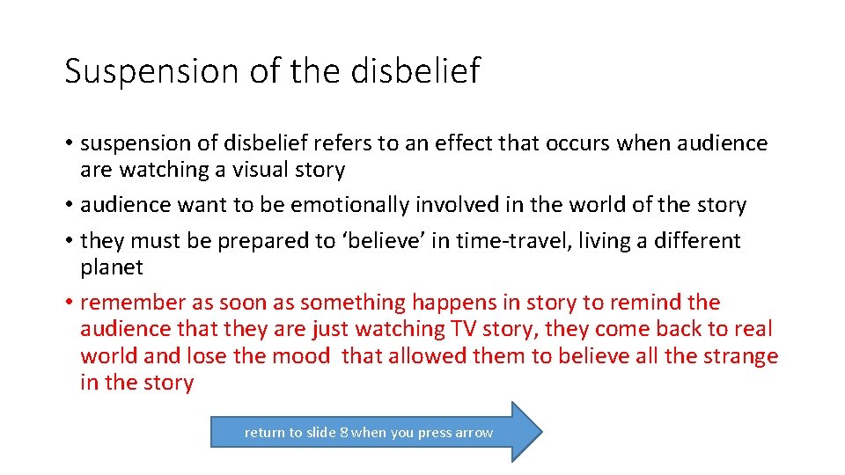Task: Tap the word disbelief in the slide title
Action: (416, 71)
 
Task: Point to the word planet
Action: (111, 267)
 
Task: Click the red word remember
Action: (133, 303)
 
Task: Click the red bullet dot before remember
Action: (69, 303)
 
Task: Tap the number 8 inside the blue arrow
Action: (344, 433)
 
